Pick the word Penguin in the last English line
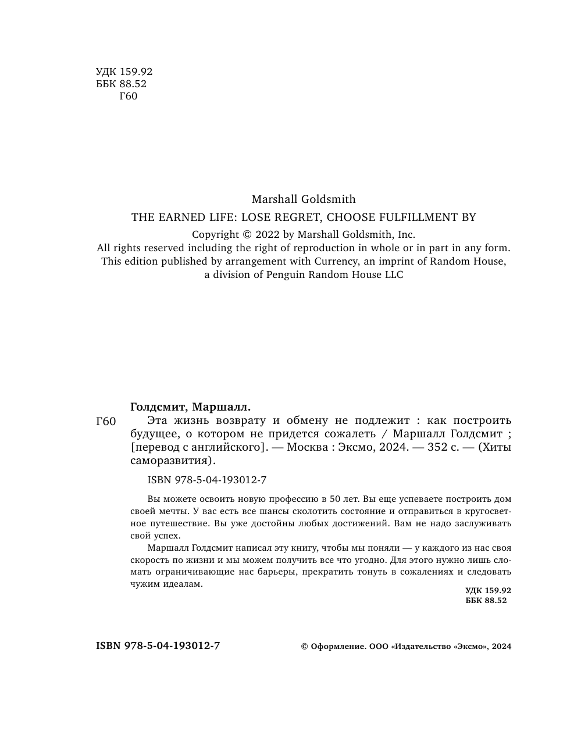[x=287, y=274]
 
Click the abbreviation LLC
[x=394, y=274]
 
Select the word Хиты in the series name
[x=496, y=447]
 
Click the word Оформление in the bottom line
[x=337, y=646]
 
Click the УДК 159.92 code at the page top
[x=124, y=72]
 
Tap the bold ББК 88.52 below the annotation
[x=486, y=600]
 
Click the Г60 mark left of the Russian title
[x=106, y=422]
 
